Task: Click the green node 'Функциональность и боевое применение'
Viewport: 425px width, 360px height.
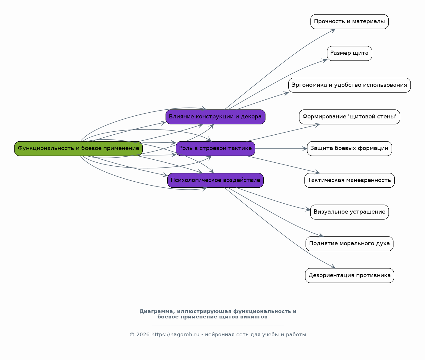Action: pyautogui.click(x=78, y=149)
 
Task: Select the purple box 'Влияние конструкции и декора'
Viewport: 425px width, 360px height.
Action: pyautogui.click(x=215, y=117)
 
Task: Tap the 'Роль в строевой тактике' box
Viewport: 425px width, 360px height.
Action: pyautogui.click(x=215, y=149)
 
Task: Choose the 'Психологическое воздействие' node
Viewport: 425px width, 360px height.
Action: pyautogui.click(x=215, y=180)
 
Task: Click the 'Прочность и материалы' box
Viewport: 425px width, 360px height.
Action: pyautogui.click(x=349, y=22)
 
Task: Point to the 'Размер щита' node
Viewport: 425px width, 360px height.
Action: pyautogui.click(x=349, y=53)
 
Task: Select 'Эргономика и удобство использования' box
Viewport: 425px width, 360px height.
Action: pyautogui.click(x=349, y=85)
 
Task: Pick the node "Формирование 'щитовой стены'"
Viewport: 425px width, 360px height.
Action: pyautogui.click(x=349, y=117)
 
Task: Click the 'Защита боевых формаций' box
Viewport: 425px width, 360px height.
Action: pyautogui.click(x=349, y=149)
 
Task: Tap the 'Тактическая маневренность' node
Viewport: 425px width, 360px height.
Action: pyautogui.click(x=349, y=180)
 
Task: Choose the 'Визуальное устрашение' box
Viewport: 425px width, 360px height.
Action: pyautogui.click(x=349, y=212)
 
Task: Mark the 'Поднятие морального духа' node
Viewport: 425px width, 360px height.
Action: pyautogui.click(x=349, y=243)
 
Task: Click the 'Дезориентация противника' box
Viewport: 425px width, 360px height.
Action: pyautogui.click(x=349, y=275)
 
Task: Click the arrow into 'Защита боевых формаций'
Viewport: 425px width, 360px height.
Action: pyautogui.click(x=281, y=149)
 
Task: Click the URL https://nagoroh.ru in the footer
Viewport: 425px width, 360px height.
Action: pyautogui.click(x=175, y=334)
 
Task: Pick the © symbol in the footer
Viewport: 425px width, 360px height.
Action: pyautogui.click(x=132, y=335)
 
